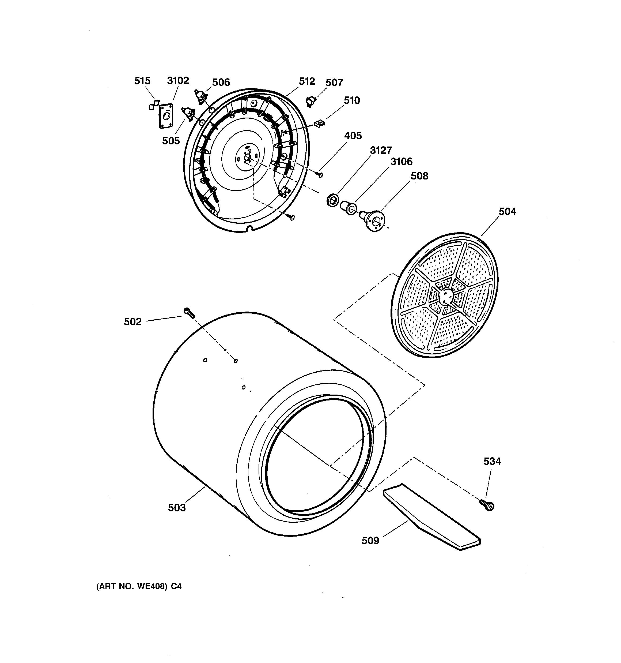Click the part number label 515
click(142, 81)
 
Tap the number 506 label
click(221, 83)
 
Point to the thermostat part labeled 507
click(311, 101)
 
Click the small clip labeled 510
click(319, 123)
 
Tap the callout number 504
click(507, 211)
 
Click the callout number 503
click(177, 508)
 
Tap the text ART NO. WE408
click(132, 586)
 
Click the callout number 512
click(307, 81)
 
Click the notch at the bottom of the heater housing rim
click(249, 228)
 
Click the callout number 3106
click(401, 162)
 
